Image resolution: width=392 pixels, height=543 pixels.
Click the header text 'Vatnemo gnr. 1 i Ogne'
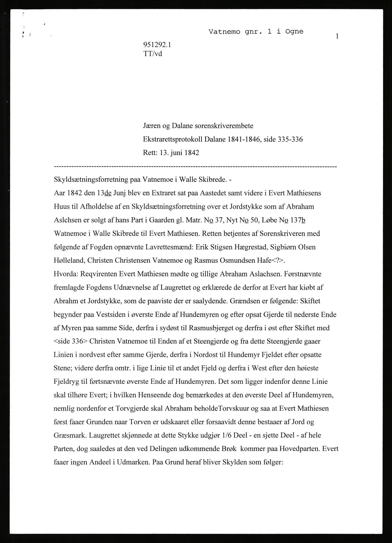256,32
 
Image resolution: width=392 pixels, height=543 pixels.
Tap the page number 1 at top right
337,36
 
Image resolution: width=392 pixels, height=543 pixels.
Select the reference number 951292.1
157,45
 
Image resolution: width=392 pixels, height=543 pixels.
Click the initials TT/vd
152,54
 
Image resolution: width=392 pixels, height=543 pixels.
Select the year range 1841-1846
243,139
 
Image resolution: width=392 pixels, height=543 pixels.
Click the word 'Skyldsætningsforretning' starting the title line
92,179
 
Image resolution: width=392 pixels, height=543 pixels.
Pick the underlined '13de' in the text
104,193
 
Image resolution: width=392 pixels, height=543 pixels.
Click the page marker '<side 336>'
70,341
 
